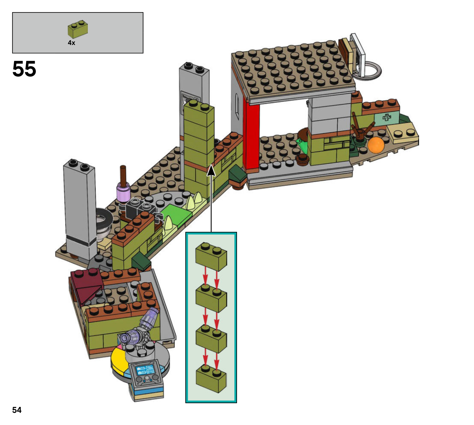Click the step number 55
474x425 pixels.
click(x=24, y=69)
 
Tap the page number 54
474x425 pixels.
click(x=17, y=410)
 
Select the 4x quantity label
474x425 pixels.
click(x=71, y=43)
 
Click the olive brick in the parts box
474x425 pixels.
click(x=78, y=29)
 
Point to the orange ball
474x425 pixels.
click(x=376, y=145)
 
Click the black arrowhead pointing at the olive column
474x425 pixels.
click(x=211, y=171)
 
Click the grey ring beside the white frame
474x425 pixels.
click(x=372, y=70)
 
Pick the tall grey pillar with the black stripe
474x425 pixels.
click(x=80, y=210)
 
